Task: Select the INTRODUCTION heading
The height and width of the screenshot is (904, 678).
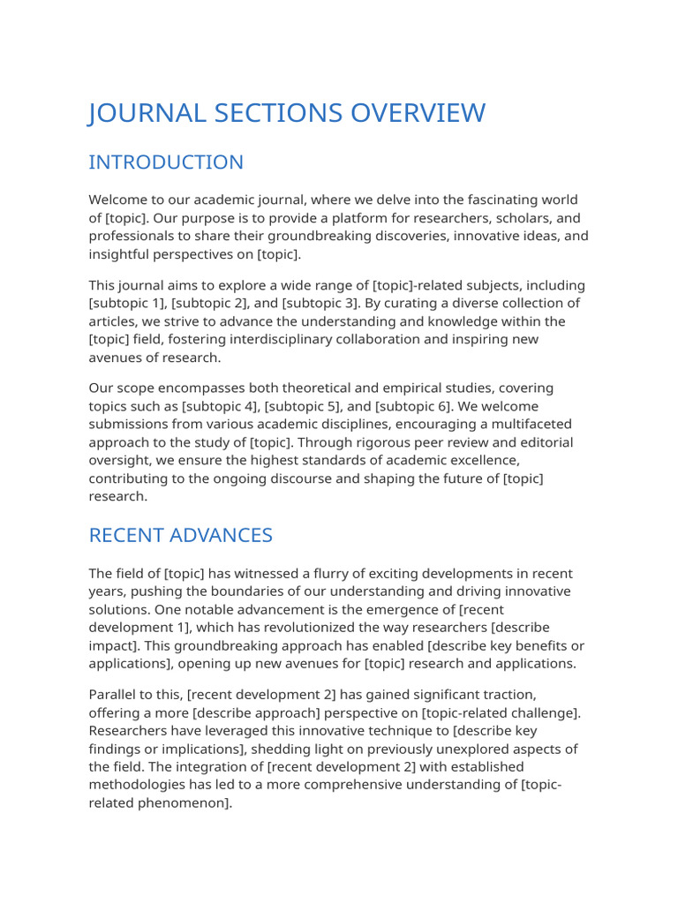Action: point(166,162)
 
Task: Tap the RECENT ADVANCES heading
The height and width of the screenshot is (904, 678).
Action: point(181,536)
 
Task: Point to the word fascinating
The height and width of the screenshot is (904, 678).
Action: point(491,201)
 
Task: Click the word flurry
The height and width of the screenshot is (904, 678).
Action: point(323,574)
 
